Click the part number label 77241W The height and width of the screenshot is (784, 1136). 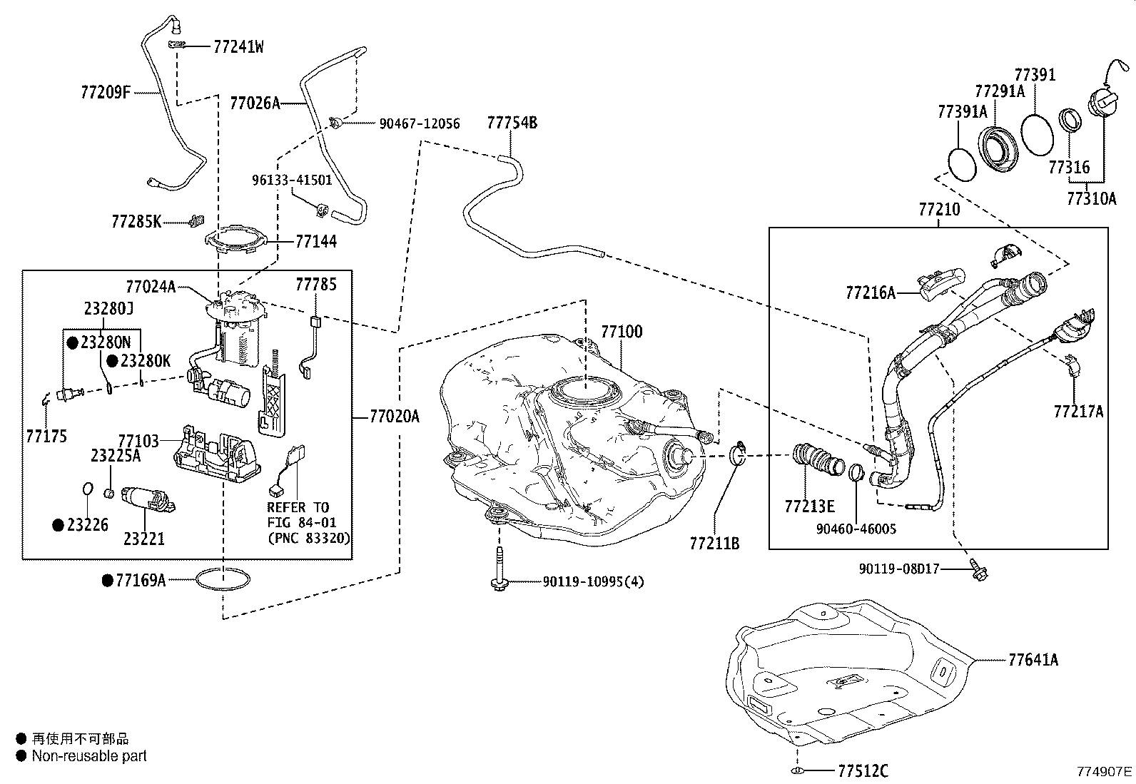pyautogui.click(x=238, y=47)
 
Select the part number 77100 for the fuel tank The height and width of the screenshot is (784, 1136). pyautogui.click(x=621, y=332)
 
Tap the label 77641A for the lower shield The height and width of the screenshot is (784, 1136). pyautogui.click(x=1033, y=660)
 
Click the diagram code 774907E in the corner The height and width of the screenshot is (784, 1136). pyautogui.click(x=1104, y=771)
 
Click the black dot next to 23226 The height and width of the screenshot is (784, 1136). pyautogui.click(x=59, y=525)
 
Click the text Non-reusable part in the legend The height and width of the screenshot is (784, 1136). pyautogui.click(x=89, y=756)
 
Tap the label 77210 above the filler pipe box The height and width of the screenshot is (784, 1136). pyautogui.click(x=939, y=210)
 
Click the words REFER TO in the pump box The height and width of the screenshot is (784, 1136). pyautogui.click(x=298, y=507)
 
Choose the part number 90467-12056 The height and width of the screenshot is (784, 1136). pyautogui.click(x=419, y=124)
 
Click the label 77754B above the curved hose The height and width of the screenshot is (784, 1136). pyautogui.click(x=512, y=123)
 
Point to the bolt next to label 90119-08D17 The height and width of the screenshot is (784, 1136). pyautogui.click(x=975, y=568)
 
